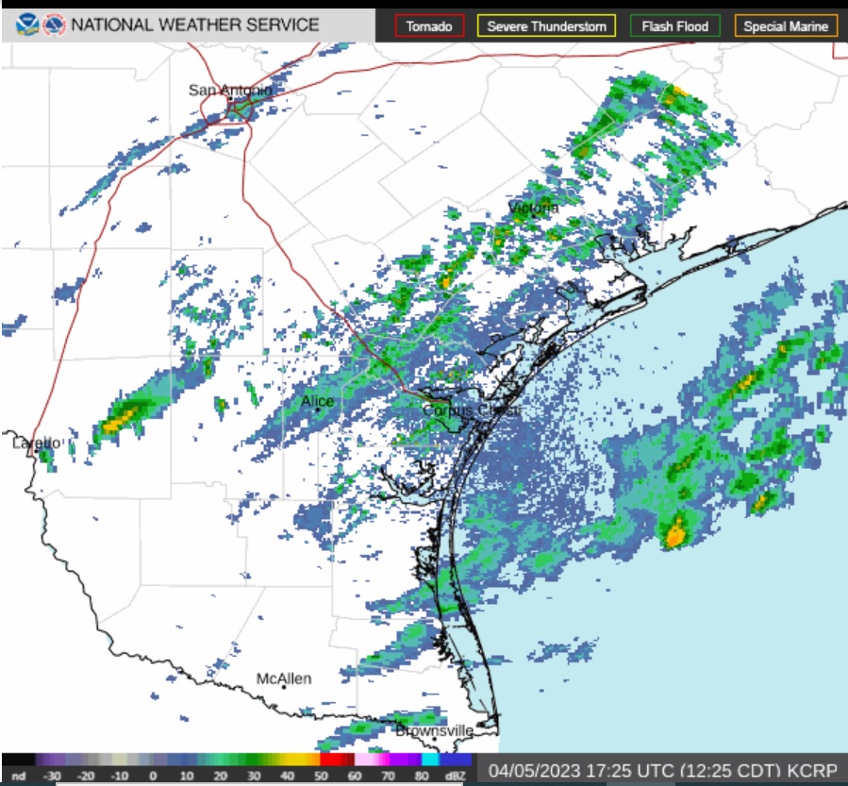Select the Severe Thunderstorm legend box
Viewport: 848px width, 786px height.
[547, 26]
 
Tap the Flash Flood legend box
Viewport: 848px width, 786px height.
[674, 26]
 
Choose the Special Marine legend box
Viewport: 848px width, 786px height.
[786, 26]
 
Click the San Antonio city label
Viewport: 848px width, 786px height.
[230, 91]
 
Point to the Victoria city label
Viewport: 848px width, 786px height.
[533, 208]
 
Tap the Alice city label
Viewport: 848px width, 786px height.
[317, 402]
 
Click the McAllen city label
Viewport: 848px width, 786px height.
[284, 678]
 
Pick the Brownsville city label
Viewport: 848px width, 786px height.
[434, 730]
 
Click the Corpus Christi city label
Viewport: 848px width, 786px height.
[471, 410]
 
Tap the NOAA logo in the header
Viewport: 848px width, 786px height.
[27, 25]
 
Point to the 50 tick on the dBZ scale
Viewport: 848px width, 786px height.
[321, 776]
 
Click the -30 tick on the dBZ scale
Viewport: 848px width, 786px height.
[53, 776]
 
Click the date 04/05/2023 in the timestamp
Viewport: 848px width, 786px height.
[529, 771]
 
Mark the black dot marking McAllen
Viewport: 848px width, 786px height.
[284, 688]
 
